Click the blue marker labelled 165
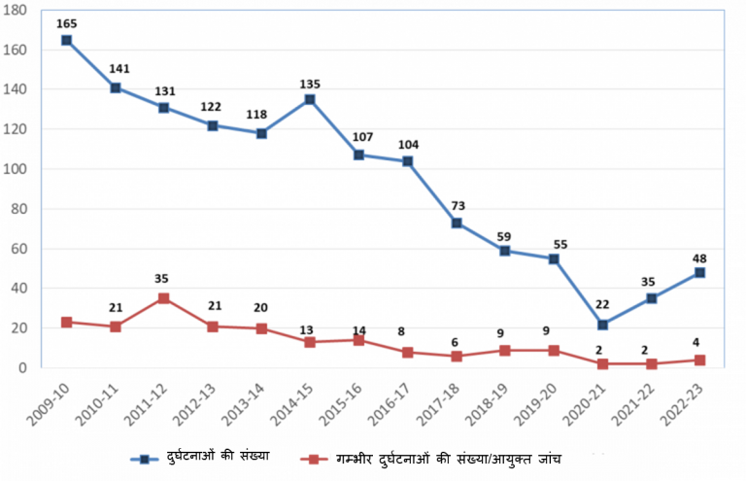click(x=66, y=40)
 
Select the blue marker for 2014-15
click(x=310, y=99)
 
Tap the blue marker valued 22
click(x=602, y=325)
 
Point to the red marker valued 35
click(x=163, y=298)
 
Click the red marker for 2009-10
click(x=66, y=322)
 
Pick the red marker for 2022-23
click(x=699, y=361)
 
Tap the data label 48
click(x=698, y=258)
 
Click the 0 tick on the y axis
click(x=30, y=368)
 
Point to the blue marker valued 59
click(x=504, y=251)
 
